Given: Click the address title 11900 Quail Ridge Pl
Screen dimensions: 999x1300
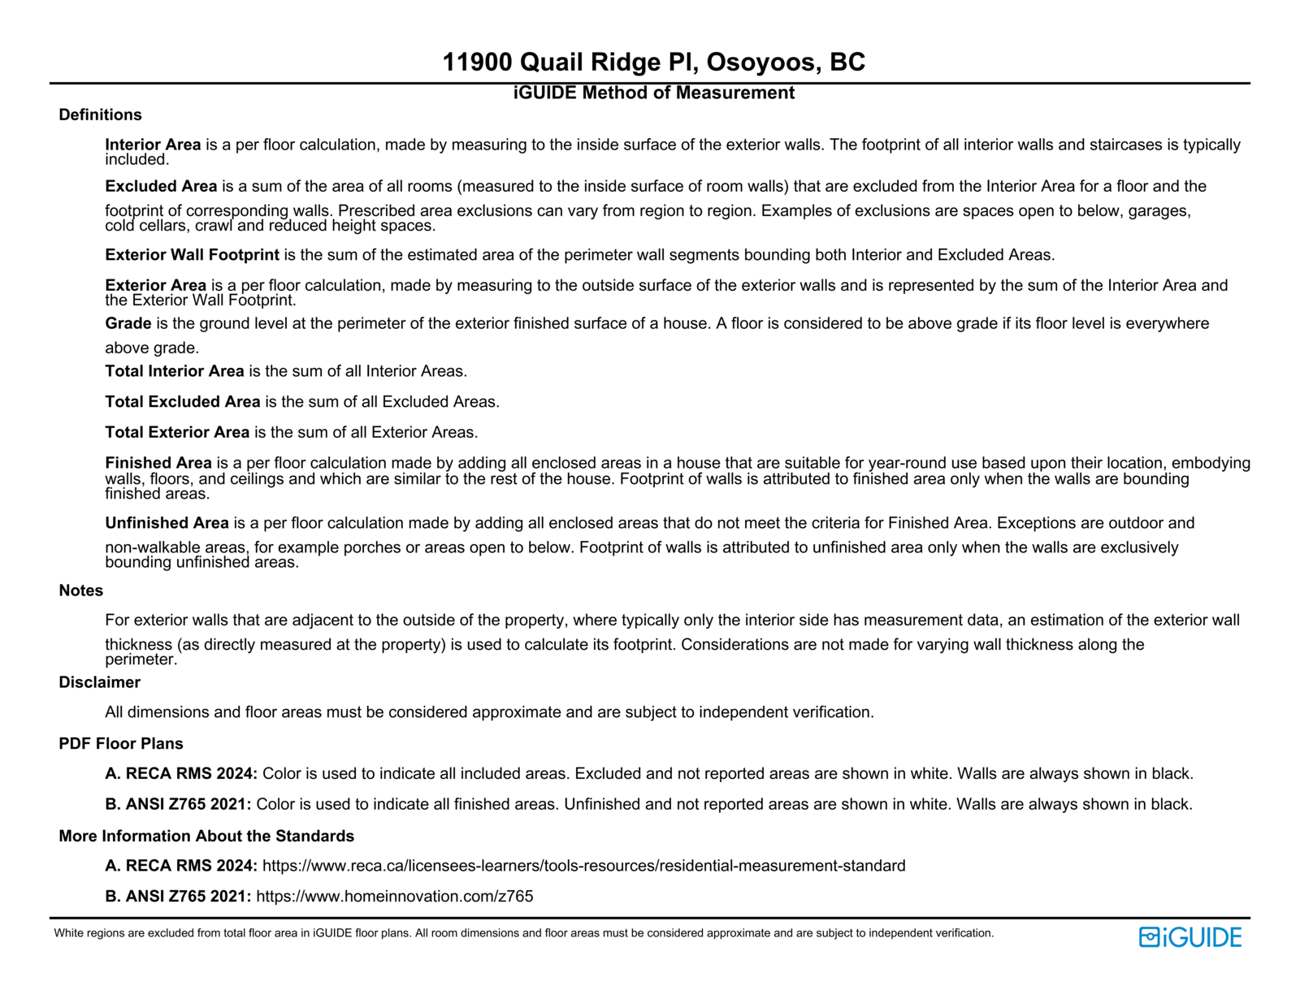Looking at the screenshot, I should pyautogui.click(x=653, y=62).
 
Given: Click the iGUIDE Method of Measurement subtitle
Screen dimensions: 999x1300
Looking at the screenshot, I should pyautogui.click(x=653, y=93).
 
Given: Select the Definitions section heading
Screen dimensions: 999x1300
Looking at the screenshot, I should pyautogui.click(x=100, y=115).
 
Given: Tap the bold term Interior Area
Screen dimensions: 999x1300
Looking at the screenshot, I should pyautogui.click(x=153, y=145).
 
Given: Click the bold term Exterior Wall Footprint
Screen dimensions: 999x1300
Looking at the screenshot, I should pyautogui.click(x=192, y=255).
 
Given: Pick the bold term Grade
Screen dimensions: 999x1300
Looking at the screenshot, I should pyautogui.click(x=128, y=323).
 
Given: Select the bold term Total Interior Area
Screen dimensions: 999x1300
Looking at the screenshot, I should pyautogui.click(x=175, y=371).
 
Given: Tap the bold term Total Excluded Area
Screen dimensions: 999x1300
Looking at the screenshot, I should pyautogui.click(x=183, y=402).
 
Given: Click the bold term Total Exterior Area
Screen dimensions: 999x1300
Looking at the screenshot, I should pyautogui.click(x=177, y=432).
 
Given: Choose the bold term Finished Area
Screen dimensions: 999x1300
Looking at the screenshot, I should pyautogui.click(x=158, y=463).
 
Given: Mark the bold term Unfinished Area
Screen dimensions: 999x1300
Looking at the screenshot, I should pyautogui.click(x=167, y=523).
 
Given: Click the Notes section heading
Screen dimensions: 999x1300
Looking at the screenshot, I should pyautogui.click(x=80, y=590).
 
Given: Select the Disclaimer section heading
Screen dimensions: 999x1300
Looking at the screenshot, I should pyautogui.click(x=99, y=682).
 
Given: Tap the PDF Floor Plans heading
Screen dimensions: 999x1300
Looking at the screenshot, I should pyautogui.click(x=121, y=743).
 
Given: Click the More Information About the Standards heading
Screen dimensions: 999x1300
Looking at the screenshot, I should pyautogui.click(x=206, y=836).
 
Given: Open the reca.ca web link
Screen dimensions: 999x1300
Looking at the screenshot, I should pyautogui.click(x=583, y=866).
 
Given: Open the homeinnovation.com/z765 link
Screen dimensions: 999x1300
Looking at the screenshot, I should pyautogui.click(x=395, y=897).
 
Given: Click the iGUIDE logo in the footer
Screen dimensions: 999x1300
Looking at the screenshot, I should pyautogui.click(x=1189, y=937).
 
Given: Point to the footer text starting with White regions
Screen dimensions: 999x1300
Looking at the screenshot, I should pyautogui.click(x=523, y=933).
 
